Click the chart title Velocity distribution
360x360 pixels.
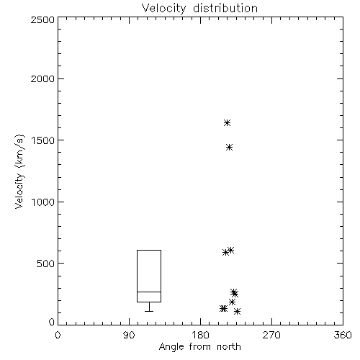[199, 9]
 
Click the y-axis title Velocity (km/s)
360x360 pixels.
[20, 171]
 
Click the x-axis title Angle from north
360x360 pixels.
[199, 347]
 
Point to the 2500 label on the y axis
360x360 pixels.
[42, 19]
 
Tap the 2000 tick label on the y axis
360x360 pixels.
[42, 78]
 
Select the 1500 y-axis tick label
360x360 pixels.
[43, 140]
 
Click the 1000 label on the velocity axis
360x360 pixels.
[43, 202]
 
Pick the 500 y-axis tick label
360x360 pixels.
[46, 264]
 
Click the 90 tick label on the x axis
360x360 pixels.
[129, 335]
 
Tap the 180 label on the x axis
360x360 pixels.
[200, 335]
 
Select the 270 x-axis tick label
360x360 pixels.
[271, 335]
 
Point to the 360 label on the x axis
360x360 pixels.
[343, 335]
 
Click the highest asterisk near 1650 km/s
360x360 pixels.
[227, 123]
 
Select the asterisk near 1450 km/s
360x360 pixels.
[230, 147]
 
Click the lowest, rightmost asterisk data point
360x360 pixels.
[238, 312]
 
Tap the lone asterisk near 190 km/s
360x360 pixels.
[232, 302]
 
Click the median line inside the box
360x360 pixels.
[149, 292]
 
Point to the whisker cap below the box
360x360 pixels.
[149, 311]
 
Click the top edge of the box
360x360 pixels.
[149, 250]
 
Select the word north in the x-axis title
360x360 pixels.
[229, 347]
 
